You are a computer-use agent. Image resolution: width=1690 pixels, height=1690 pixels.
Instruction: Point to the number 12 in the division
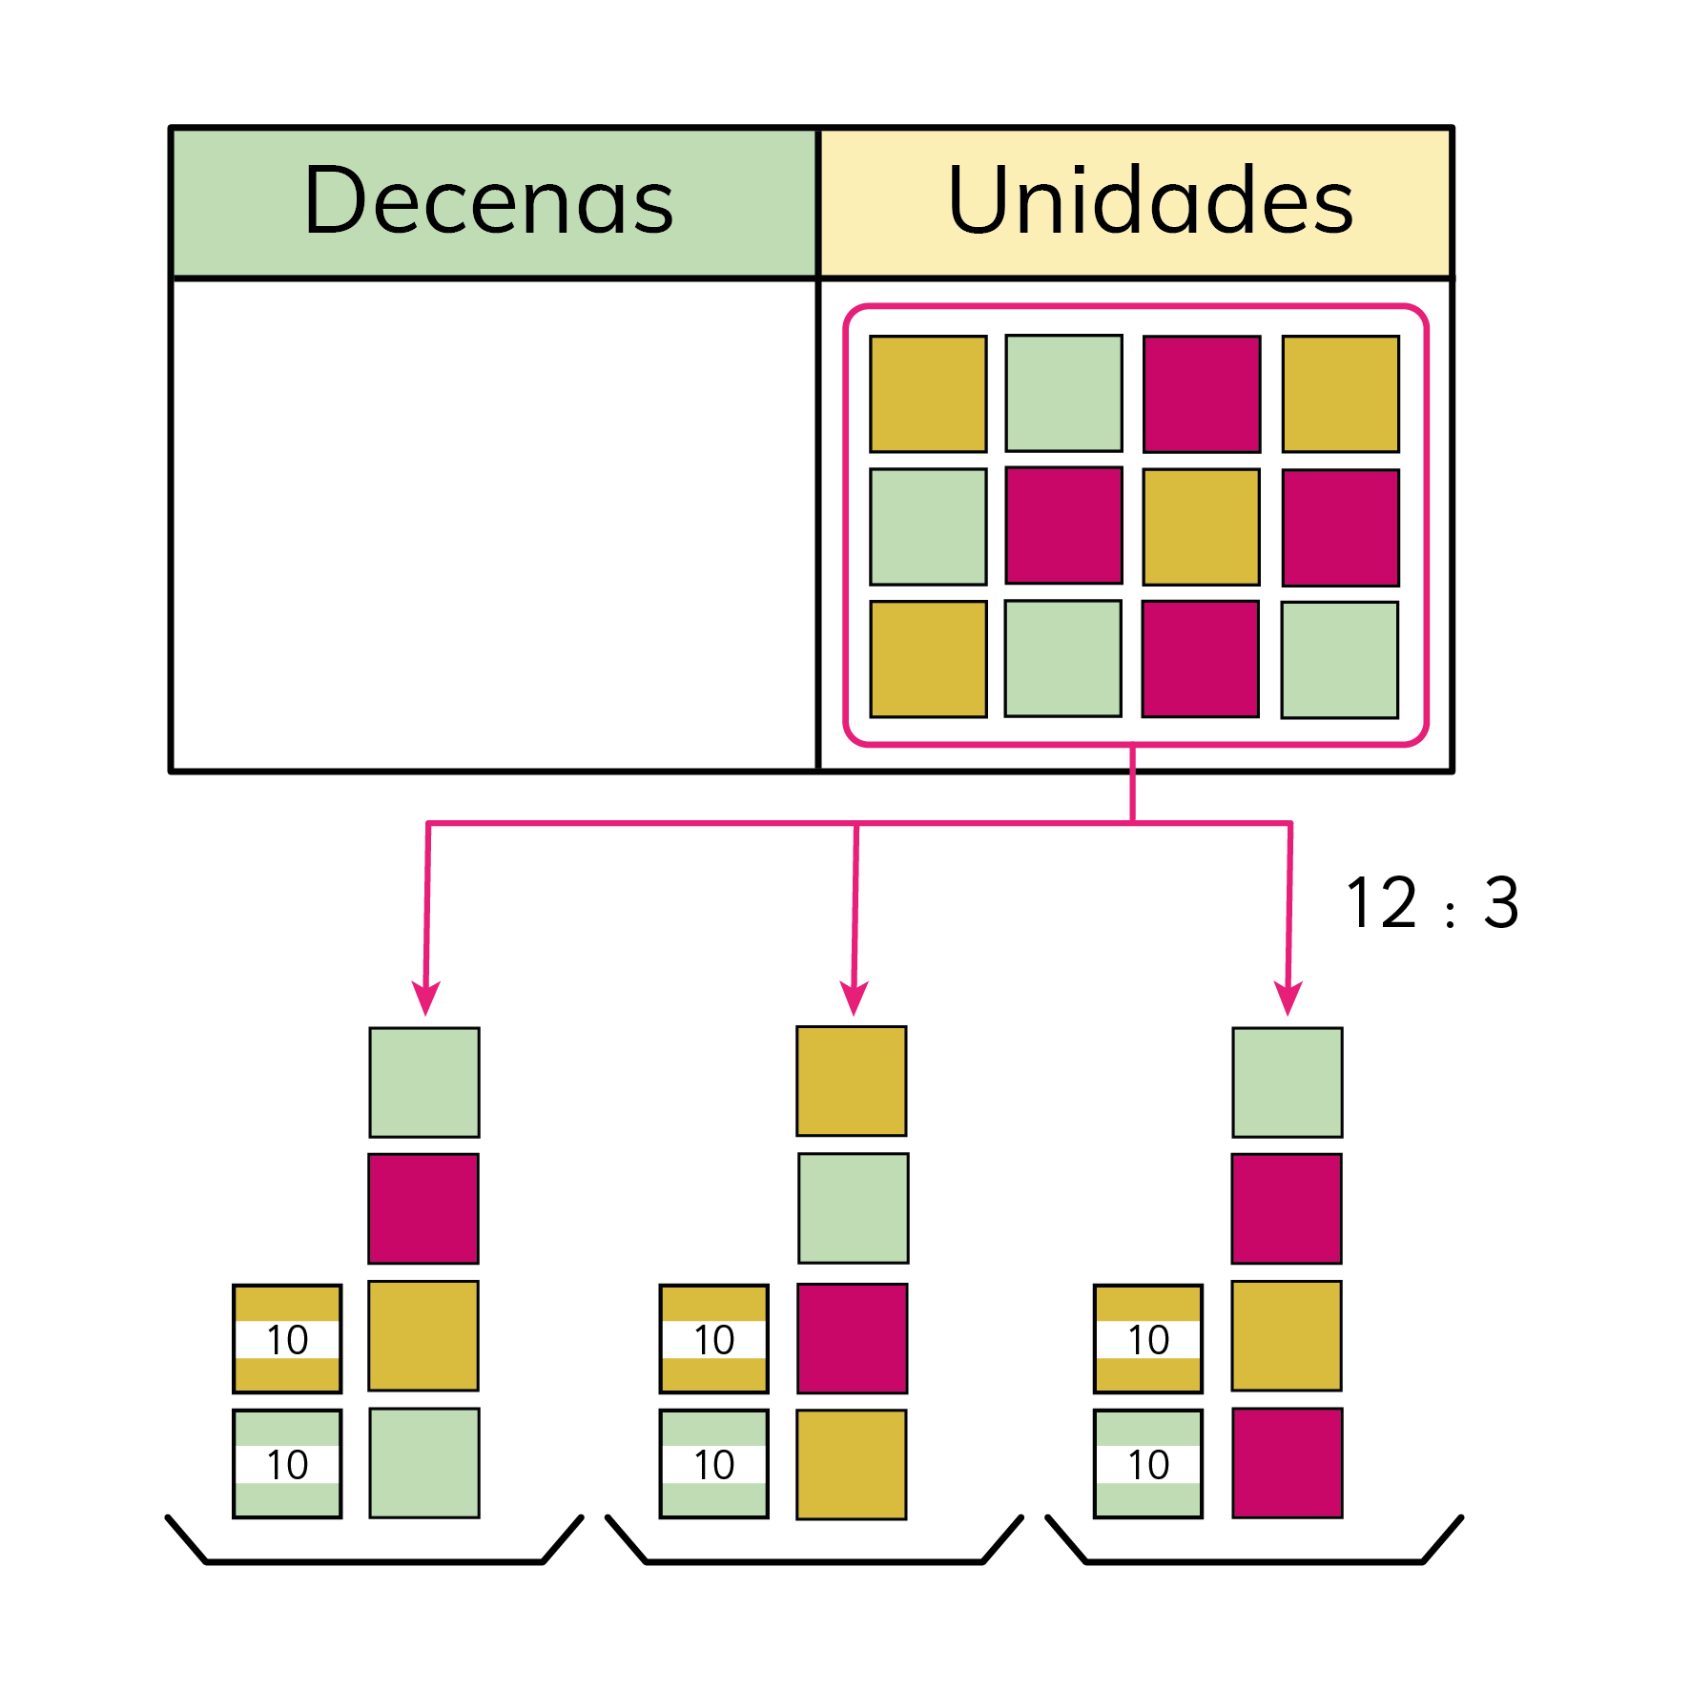(x=1382, y=902)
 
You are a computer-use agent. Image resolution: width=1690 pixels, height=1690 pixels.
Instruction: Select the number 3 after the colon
(x=1500, y=902)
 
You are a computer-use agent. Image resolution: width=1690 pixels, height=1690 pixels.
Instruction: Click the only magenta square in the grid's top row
(x=1202, y=394)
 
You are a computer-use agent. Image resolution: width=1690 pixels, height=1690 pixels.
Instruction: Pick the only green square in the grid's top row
(x=1063, y=393)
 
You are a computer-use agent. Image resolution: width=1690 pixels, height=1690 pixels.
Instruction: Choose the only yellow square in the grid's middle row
(x=1201, y=526)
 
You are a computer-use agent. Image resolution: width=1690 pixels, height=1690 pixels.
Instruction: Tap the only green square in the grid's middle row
(x=928, y=526)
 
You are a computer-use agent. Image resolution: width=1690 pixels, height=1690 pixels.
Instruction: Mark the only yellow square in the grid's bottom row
(x=928, y=659)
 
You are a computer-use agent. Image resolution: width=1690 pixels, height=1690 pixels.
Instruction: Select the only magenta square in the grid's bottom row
(x=1200, y=659)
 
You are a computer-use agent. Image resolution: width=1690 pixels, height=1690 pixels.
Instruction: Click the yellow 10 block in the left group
(x=287, y=1339)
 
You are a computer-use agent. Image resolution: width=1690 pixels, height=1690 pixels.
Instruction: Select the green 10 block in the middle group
(x=713, y=1463)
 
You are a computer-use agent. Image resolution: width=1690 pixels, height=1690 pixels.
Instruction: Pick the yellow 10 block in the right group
(x=1147, y=1339)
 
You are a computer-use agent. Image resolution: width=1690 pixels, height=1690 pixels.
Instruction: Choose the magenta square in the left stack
(x=423, y=1208)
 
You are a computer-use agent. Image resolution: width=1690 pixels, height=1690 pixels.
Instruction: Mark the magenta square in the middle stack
(x=852, y=1338)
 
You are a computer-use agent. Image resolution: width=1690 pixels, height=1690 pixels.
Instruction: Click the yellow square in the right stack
(x=1286, y=1336)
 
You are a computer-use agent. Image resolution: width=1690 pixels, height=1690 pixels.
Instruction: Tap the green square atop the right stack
(x=1287, y=1082)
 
